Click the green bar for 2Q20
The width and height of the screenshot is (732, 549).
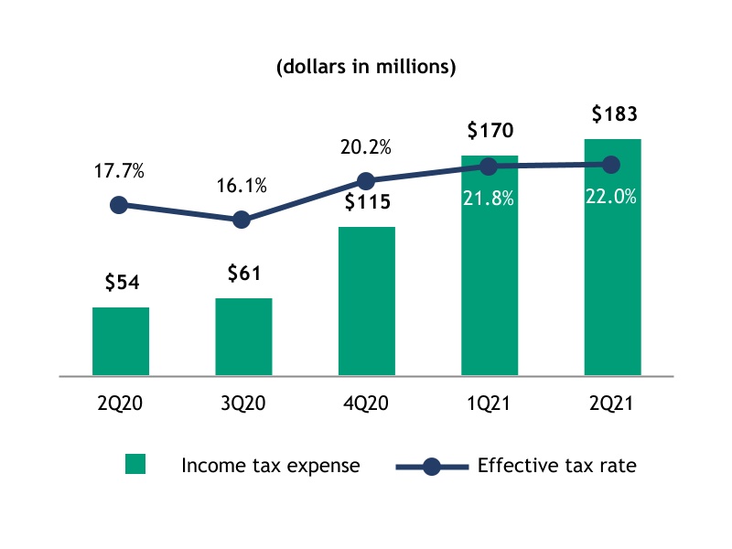(x=121, y=341)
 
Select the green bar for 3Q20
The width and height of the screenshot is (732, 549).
(x=243, y=337)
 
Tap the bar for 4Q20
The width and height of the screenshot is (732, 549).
(x=366, y=301)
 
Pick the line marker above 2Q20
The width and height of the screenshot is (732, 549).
(x=119, y=205)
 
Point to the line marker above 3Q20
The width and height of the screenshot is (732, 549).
(x=242, y=220)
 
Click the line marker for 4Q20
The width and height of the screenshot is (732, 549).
(x=365, y=180)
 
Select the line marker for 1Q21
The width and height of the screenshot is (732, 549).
(x=489, y=167)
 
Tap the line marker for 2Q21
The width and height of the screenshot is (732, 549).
(x=611, y=165)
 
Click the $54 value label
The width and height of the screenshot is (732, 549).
(x=121, y=284)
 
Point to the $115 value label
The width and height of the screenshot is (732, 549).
(x=366, y=203)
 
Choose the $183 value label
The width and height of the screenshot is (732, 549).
(x=611, y=115)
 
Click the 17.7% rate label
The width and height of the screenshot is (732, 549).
(x=119, y=171)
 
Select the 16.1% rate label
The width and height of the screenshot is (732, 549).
(x=242, y=186)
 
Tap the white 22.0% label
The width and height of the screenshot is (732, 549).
(x=611, y=196)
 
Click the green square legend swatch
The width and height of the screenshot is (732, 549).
(x=135, y=466)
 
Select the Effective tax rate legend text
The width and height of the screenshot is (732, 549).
(x=556, y=466)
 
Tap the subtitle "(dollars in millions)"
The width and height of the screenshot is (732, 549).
(x=366, y=67)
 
